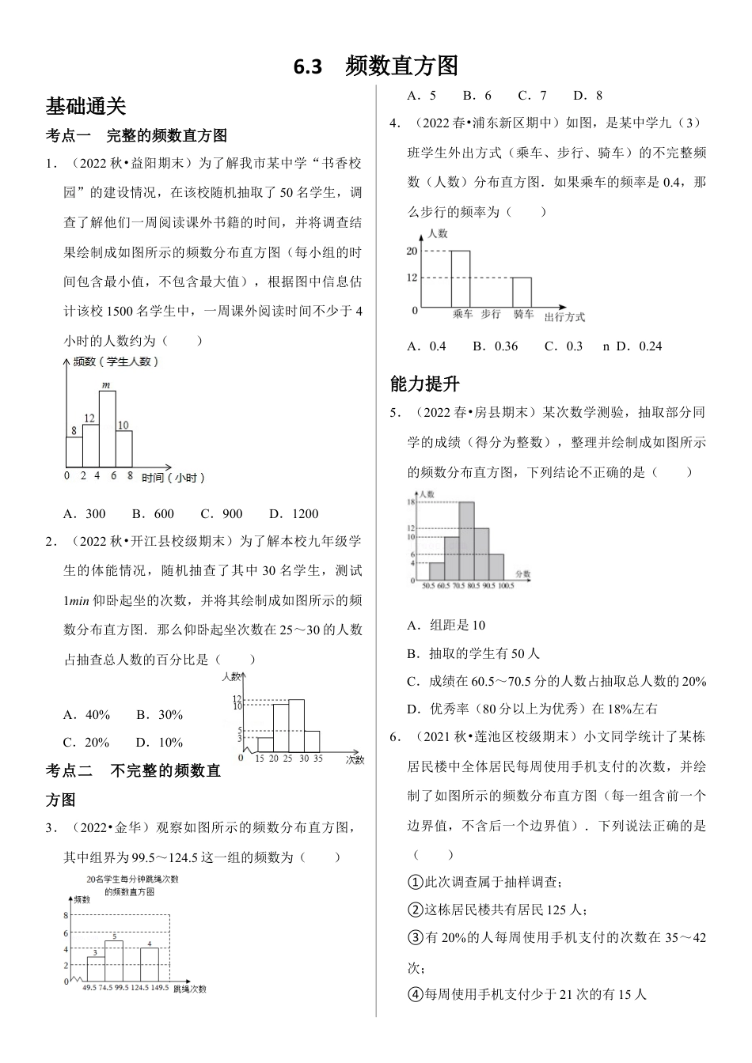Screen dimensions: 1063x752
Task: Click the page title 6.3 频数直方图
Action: pyautogui.click(x=375, y=66)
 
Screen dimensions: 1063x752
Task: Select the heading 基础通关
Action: pyautogui.click(x=85, y=106)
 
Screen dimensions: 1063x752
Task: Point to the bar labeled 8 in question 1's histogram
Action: pyautogui.click(x=74, y=452)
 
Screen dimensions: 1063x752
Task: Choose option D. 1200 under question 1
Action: pyautogui.click(x=293, y=513)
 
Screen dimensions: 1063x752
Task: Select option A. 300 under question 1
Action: pyautogui.click(x=84, y=513)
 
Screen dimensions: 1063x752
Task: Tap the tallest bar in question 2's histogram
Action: pyautogui.click(x=296, y=725)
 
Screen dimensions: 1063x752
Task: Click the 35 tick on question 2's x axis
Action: pyautogui.click(x=318, y=758)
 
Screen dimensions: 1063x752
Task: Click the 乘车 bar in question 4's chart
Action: pyautogui.click(x=460, y=278)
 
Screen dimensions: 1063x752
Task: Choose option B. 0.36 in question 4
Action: pyautogui.click(x=495, y=346)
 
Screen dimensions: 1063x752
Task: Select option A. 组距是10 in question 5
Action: pyautogui.click(x=446, y=625)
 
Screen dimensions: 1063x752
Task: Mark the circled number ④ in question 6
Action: pyautogui.click(x=415, y=994)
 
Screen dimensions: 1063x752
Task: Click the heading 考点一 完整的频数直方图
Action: pyautogui.click(x=136, y=135)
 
